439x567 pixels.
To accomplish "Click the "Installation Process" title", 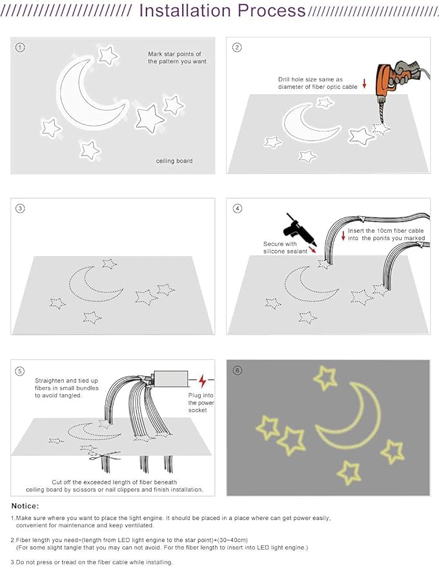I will click(x=222, y=11).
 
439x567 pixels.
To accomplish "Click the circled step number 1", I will click(x=21, y=48).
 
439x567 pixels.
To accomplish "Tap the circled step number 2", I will click(x=237, y=48).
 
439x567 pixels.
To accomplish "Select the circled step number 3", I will click(x=21, y=208).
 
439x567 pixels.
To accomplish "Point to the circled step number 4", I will click(x=237, y=208).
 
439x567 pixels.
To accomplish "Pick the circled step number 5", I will click(x=21, y=371).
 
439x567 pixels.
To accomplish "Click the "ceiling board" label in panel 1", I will click(x=174, y=161).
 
